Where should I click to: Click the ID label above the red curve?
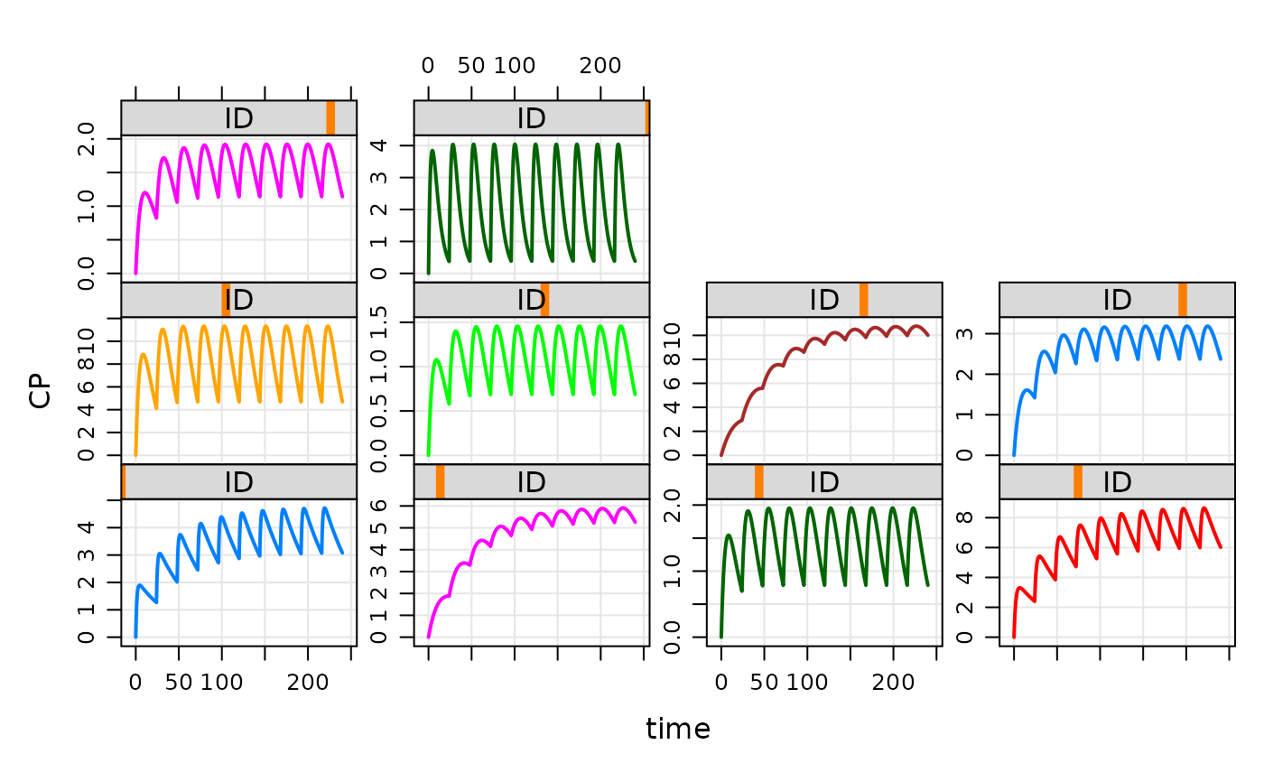coord(1117,482)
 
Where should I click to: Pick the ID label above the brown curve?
coord(824,300)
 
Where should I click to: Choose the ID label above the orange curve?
coord(239,300)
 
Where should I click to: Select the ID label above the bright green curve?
coord(531,300)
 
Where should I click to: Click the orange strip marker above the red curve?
coord(1078,482)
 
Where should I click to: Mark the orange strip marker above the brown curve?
coord(864,300)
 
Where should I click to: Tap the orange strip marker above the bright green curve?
coord(544,300)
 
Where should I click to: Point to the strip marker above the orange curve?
coord(226,300)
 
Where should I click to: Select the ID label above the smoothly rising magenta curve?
coord(531,482)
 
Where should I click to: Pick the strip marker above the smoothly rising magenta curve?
coord(440,482)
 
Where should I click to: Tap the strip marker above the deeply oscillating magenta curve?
coord(330,118)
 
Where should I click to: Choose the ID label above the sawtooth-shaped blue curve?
coord(239,482)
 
